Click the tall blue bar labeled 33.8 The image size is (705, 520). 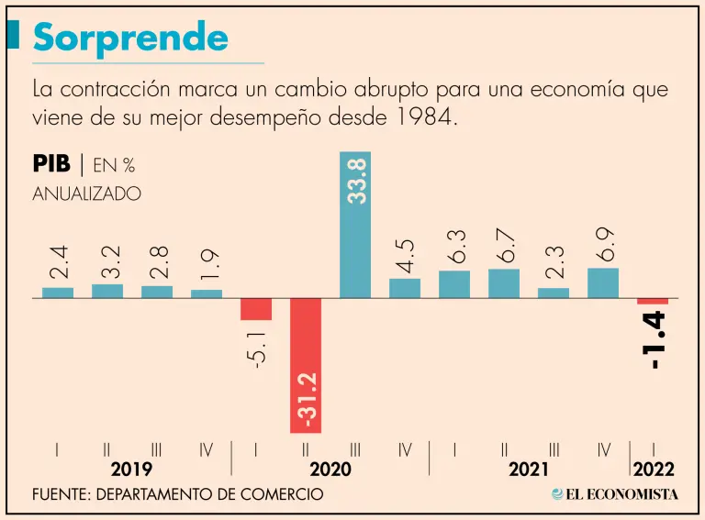coord(355,225)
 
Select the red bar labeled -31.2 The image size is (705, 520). coord(306,365)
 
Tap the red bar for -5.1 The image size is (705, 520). coord(256,309)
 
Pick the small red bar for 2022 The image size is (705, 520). coord(653,301)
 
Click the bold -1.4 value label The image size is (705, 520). coord(656,340)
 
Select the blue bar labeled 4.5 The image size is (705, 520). coord(405,288)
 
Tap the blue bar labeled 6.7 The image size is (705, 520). coord(504,283)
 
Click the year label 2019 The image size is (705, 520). coord(132,470)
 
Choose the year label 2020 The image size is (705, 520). coord(330,470)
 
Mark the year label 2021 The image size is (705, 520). coord(529,470)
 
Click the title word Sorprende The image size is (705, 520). coord(130,37)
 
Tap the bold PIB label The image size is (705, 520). coord(51,165)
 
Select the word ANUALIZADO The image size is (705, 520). coord(87,194)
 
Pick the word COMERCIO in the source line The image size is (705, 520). coord(284,494)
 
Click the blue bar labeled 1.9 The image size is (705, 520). coord(207,293)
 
